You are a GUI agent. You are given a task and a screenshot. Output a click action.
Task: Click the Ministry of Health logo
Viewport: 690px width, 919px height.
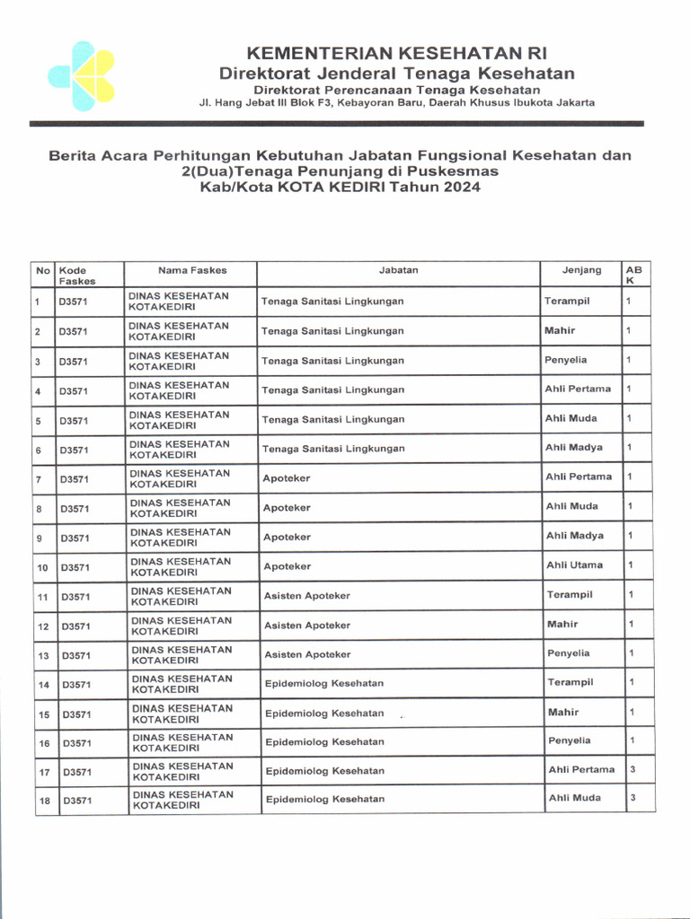[82, 75]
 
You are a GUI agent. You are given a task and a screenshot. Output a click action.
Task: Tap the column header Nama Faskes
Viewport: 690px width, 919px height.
[192, 270]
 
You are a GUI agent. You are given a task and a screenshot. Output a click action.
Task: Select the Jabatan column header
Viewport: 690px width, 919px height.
[398, 270]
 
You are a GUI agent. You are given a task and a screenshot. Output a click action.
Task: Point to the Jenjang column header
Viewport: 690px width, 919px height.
[581, 270]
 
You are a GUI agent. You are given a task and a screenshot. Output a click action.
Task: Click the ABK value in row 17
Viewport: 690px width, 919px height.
[632, 769]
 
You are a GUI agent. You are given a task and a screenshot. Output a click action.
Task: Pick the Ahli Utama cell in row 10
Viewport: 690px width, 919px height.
[574, 565]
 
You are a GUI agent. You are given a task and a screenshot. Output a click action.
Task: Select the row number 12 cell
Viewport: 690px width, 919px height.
[42, 626]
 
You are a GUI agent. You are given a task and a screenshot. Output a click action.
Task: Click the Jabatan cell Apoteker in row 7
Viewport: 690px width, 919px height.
[286, 478]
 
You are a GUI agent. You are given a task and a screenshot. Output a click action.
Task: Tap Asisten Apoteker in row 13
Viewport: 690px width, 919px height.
[307, 655]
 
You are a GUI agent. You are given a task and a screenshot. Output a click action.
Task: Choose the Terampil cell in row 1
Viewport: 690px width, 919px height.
[566, 302]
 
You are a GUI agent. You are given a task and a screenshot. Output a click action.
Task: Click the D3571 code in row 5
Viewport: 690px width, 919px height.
[75, 420]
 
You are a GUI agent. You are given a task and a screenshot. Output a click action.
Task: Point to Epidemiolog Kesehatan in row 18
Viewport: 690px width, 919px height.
[324, 799]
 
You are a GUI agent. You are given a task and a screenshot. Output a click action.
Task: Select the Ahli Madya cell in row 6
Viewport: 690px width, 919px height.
[573, 448]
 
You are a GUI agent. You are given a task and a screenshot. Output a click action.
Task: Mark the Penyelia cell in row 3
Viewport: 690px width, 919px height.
[565, 360]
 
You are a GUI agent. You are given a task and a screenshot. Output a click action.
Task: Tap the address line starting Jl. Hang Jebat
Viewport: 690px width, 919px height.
[396, 103]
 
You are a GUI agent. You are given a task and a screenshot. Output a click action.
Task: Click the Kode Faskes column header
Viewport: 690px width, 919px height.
[77, 275]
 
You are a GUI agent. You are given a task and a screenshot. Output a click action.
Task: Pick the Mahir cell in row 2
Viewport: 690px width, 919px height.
[560, 331]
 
